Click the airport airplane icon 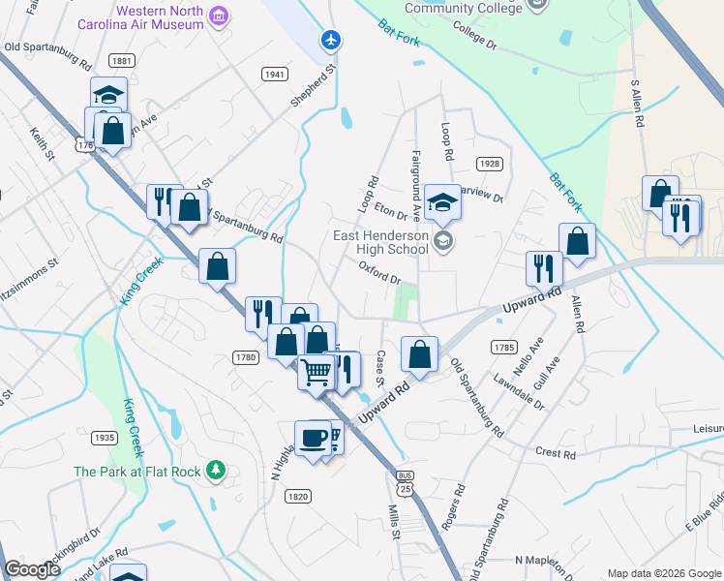(331, 40)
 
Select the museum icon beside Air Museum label (220, 16)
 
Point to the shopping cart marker (316, 371)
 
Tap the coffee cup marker (313, 437)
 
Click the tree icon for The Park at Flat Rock (218, 472)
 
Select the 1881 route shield (122, 60)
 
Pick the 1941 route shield (275, 74)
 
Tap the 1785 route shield (503, 347)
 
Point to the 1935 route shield (105, 438)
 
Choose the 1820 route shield (297, 496)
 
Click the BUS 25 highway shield (406, 481)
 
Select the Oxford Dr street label (379, 272)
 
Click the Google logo (32, 570)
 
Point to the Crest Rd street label (555, 453)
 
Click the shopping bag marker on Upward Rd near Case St (419, 354)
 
